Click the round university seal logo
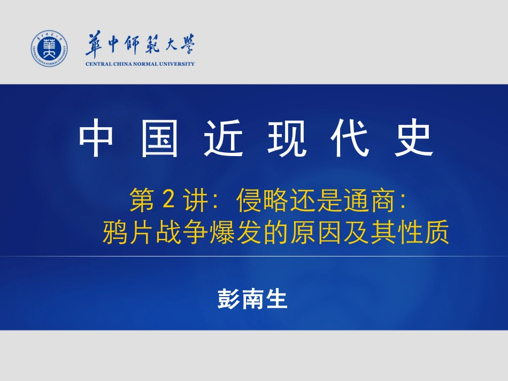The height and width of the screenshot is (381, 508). pos(49,49)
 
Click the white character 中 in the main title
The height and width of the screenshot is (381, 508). pos(96,138)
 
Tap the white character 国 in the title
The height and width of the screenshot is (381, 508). pos(159,138)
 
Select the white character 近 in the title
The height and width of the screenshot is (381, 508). pos(223,138)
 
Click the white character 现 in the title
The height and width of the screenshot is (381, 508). pos(287,138)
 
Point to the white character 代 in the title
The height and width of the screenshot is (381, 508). pos(350,138)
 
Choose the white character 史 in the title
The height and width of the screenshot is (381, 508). pos(414,138)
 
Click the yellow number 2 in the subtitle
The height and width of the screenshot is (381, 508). pos(168,199)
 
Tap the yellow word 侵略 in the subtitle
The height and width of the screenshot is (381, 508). pos(262,200)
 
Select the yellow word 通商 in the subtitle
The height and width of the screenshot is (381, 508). pos(369,200)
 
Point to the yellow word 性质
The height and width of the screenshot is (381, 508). pos(424,232)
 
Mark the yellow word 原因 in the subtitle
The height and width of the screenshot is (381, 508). pos(316,232)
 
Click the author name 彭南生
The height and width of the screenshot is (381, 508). pos(252,299)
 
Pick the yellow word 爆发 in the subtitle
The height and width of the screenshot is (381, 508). pos(235,232)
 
